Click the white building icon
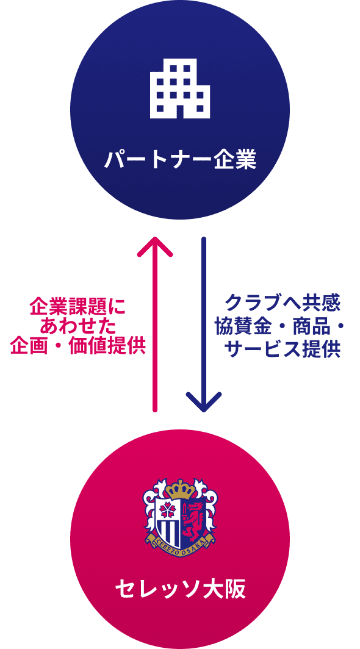point(180,88)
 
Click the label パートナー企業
point(180,160)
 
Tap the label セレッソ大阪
point(180,589)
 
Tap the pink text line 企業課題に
point(77,308)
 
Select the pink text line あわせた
point(77,328)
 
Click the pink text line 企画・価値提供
point(77,347)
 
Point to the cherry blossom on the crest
point(168,512)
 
